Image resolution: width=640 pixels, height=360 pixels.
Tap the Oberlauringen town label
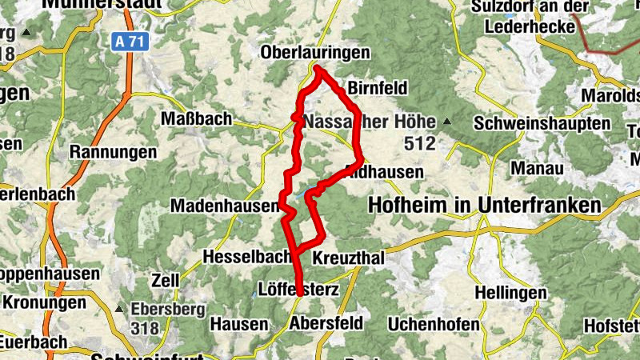[316, 53]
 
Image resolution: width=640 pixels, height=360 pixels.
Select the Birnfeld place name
[378, 88]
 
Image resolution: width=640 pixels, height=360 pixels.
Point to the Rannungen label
[113, 151]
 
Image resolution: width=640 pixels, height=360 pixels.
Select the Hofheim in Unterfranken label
[484, 206]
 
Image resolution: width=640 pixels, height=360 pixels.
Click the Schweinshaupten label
[542, 125]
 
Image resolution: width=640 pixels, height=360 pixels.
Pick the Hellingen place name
[502, 293]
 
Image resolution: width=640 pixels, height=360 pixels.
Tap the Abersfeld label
[326, 323]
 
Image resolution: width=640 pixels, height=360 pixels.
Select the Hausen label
[238, 324]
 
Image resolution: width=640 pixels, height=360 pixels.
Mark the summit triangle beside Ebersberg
[119, 308]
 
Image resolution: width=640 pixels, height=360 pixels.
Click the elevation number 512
[419, 144]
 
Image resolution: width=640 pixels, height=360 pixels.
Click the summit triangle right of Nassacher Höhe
[446, 122]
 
